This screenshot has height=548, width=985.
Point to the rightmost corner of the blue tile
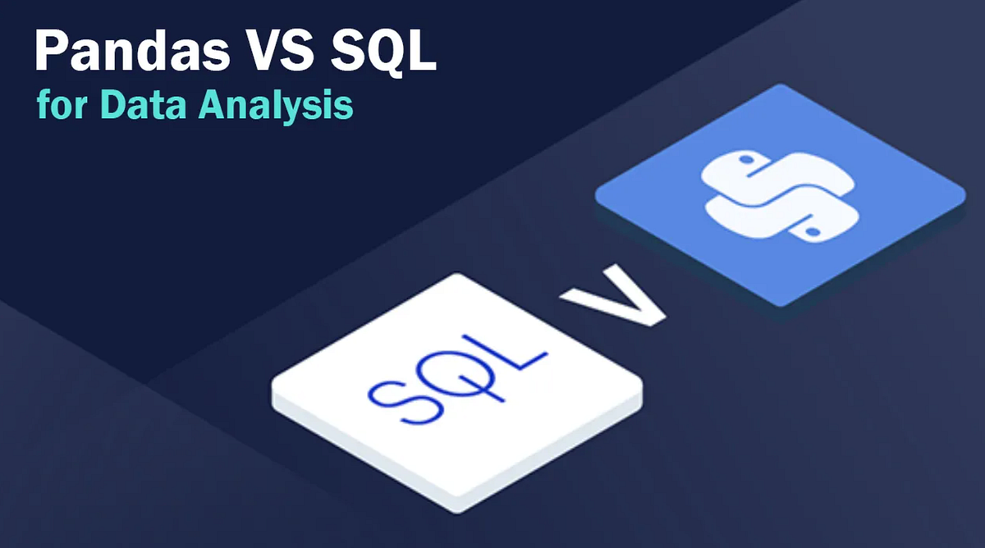tap(964, 199)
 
